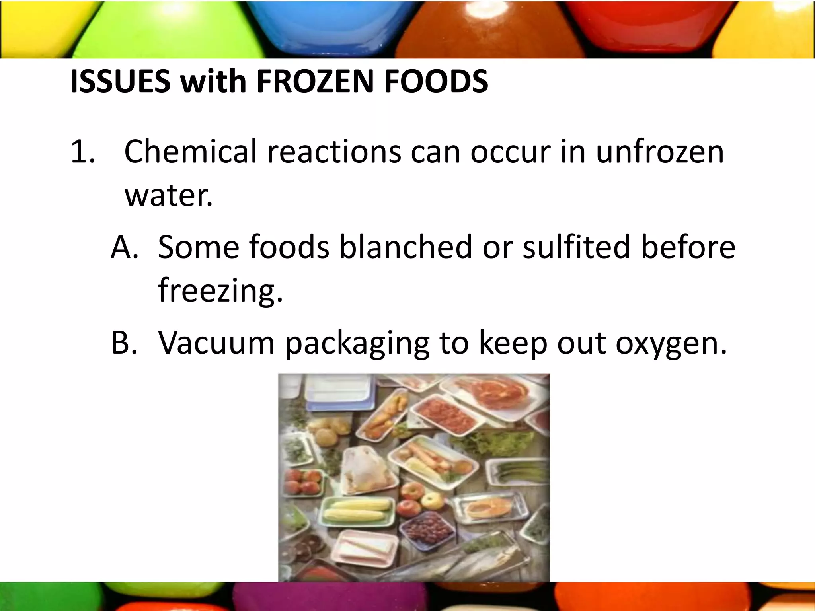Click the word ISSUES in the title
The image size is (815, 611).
tap(120, 82)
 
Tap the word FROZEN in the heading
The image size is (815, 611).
tap(314, 82)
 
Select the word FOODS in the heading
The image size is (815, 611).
tap(436, 82)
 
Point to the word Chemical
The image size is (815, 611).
tap(191, 152)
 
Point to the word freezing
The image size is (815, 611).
tap(220, 290)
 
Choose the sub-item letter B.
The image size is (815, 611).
tap(124, 343)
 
